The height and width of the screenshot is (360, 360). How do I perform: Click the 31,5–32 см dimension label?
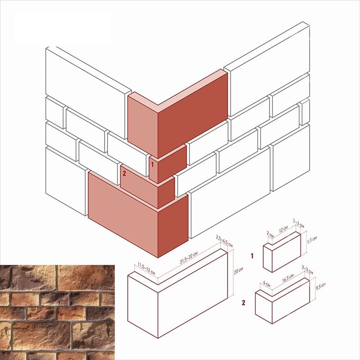point(189,258)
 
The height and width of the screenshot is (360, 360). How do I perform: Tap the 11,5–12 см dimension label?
point(146,269)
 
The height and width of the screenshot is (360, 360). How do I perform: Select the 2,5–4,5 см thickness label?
point(224,241)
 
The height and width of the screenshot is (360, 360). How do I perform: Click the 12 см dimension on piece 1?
point(283,229)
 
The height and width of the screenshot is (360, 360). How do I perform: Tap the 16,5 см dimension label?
point(288,277)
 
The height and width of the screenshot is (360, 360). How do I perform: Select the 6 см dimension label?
point(266,283)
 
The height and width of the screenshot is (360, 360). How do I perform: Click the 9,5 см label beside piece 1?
point(312,241)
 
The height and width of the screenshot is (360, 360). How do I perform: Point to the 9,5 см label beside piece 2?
point(320,286)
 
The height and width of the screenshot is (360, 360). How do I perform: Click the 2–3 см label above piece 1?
point(298,223)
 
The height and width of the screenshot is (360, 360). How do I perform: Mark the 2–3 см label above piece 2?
point(307,270)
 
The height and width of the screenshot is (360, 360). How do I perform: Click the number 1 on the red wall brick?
point(153,164)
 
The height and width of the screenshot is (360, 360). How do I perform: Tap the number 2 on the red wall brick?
point(124,173)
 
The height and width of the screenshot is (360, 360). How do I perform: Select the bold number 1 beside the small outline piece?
point(252,256)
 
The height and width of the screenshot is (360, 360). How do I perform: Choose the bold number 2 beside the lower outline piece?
point(243,302)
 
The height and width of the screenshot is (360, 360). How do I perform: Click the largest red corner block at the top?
point(177,114)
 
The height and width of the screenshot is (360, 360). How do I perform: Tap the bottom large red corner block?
point(138,215)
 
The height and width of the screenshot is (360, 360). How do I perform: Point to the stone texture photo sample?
point(57,312)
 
